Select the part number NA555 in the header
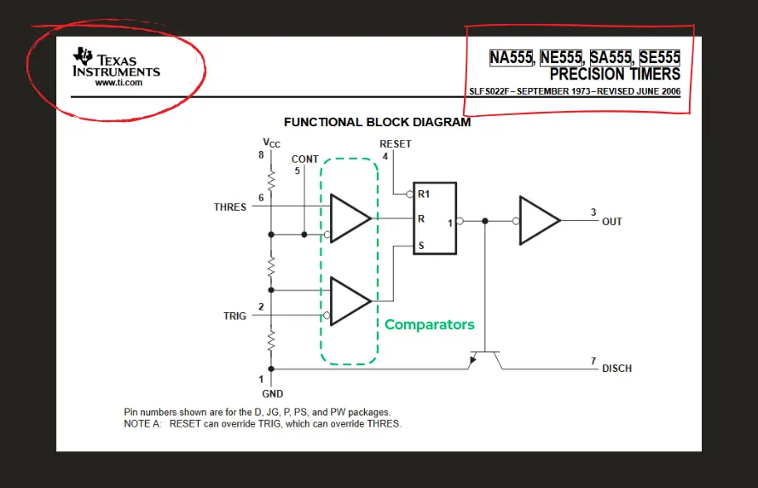[x=511, y=58]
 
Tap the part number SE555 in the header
[x=659, y=58]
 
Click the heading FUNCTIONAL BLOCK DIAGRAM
[x=377, y=122]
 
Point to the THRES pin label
[x=230, y=207]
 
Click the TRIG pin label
[x=234, y=316]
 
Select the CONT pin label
[x=304, y=160]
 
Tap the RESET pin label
[x=395, y=144]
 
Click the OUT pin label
[x=611, y=222]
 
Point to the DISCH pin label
[x=616, y=369]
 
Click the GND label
[x=272, y=394]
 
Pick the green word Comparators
[x=429, y=324]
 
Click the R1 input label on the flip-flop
[x=423, y=195]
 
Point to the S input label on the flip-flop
[x=420, y=246]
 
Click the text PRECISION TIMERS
[x=615, y=74]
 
